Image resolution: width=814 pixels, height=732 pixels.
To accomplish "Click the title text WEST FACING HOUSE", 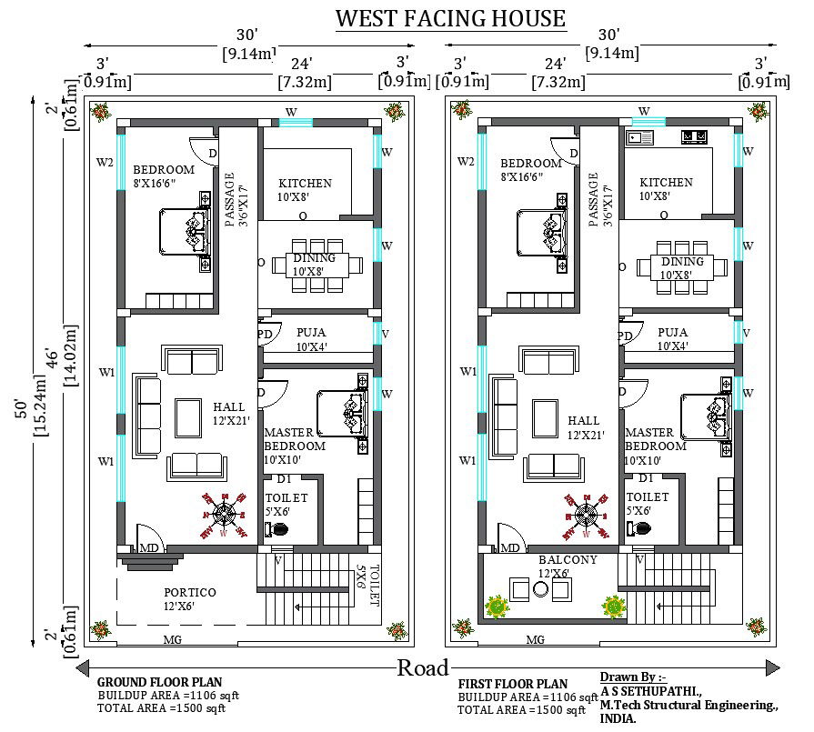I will pyautogui.click(x=450, y=18).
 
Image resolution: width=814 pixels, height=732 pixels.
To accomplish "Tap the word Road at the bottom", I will pyautogui.click(x=423, y=667).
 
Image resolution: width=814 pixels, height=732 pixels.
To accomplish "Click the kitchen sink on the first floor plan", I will pyautogui.click(x=639, y=137).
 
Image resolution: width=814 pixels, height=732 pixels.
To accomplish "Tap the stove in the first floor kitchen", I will pyautogui.click(x=696, y=137).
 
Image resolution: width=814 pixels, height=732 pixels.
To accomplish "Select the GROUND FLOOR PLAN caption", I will pyautogui.click(x=159, y=682).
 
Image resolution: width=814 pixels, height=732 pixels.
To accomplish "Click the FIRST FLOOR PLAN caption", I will pyautogui.click(x=513, y=684).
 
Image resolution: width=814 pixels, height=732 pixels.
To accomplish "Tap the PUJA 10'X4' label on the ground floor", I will pyautogui.click(x=310, y=339).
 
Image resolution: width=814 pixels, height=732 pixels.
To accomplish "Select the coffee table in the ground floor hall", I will pyautogui.click(x=189, y=417).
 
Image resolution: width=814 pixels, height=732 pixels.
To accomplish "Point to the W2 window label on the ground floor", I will pyautogui.click(x=106, y=163).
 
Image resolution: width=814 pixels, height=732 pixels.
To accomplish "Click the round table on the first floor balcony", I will pyautogui.click(x=540, y=589).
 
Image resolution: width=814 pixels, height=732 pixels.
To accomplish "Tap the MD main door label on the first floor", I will pyautogui.click(x=510, y=548).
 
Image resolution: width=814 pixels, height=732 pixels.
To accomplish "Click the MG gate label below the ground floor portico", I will pyautogui.click(x=171, y=640).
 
